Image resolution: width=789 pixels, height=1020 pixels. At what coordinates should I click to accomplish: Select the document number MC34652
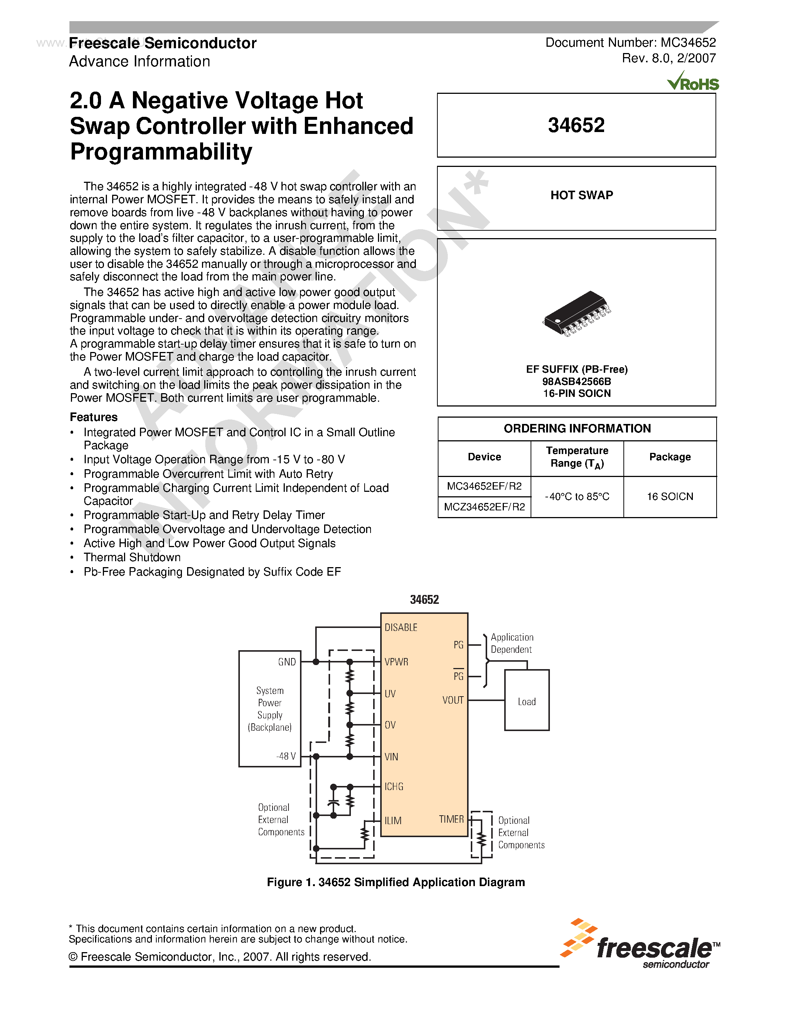coord(688,43)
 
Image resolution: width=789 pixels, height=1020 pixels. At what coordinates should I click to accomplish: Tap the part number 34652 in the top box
coord(576,125)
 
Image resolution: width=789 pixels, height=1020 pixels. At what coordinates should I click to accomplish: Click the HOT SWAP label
coord(581,195)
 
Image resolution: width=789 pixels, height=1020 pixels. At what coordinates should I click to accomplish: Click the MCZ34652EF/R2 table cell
coord(484,507)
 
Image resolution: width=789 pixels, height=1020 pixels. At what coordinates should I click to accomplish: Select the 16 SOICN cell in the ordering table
coord(669,496)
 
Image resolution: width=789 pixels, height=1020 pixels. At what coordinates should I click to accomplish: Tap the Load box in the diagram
coord(526,701)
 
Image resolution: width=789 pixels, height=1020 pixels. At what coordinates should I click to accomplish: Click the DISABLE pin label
coord(401,627)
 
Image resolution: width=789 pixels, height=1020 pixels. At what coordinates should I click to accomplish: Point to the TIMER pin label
coord(451,820)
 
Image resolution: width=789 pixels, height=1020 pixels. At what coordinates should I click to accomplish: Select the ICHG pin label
coord(394,786)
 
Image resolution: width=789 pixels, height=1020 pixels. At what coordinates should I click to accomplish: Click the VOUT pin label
coord(453,700)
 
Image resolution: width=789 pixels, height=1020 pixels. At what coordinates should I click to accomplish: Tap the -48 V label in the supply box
coord(286,756)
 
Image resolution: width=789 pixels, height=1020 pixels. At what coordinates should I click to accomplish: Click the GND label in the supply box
coord(287,662)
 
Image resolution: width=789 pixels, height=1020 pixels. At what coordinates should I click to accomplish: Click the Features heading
coord(94,417)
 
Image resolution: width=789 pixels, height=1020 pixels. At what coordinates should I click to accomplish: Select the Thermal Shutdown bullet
coord(132,557)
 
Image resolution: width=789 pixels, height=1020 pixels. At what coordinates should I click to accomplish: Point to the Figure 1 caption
coord(395,882)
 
